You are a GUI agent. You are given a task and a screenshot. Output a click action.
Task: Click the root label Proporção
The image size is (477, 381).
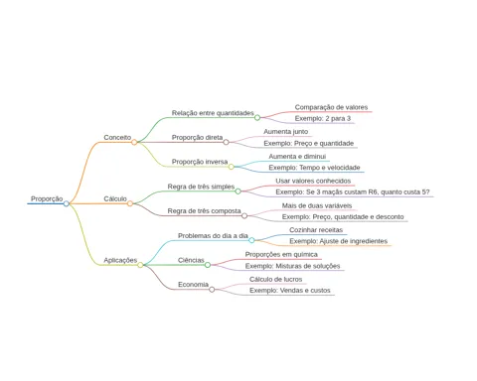click(x=47, y=198)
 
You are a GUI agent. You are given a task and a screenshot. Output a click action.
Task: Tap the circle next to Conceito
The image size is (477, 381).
click(x=134, y=142)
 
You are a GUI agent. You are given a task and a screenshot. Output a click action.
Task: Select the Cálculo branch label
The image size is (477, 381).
click(x=115, y=198)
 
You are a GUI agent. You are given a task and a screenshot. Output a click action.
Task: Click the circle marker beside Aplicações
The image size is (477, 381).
click(x=140, y=265)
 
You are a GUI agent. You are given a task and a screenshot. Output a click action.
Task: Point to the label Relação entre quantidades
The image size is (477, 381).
click(x=213, y=113)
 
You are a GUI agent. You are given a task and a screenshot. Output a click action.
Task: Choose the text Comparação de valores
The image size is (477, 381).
click(x=331, y=107)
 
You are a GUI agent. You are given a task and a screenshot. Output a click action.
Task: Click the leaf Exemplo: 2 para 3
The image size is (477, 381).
click(x=323, y=118)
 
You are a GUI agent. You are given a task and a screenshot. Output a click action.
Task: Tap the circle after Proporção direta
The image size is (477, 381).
click(x=226, y=142)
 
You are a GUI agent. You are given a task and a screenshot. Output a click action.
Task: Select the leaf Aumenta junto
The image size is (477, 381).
click(x=285, y=132)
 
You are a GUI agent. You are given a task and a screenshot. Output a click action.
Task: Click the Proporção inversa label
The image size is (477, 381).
click(x=200, y=162)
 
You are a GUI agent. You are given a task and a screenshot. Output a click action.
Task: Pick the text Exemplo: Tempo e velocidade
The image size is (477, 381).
click(x=314, y=168)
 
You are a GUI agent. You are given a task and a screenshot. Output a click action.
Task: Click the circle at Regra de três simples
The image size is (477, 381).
click(x=238, y=191)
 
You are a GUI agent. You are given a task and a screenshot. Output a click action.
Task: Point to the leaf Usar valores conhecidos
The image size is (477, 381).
click(x=313, y=181)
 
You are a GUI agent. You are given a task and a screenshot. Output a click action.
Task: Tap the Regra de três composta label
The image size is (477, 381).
click(x=204, y=211)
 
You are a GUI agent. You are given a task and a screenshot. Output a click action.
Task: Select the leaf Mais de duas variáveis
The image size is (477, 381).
click(x=317, y=205)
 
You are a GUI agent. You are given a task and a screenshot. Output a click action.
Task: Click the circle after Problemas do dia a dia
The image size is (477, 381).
click(x=251, y=240)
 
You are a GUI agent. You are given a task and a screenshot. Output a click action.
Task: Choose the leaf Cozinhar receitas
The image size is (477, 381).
click(x=316, y=230)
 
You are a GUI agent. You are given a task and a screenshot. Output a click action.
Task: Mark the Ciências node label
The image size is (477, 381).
click(x=191, y=260)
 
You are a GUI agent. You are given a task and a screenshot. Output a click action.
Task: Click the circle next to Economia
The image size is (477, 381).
click(x=212, y=290)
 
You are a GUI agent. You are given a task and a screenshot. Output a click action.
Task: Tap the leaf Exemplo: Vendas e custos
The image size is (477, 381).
click(x=290, y=291)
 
